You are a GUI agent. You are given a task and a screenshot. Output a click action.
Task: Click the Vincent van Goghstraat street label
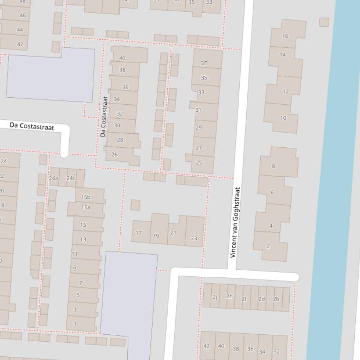pyautogui.click(x=235, y=223)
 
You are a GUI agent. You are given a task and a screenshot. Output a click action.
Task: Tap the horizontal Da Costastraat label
pyautogui.click(x=32, y=127)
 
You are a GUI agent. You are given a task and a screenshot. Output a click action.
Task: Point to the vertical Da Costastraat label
pyautogui.click(x=103, y=116)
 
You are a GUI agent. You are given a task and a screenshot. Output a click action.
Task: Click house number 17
pyautogui.click(x=139, y=232)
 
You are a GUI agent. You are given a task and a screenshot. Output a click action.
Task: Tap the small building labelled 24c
pyautogui.click(x=71, y=178)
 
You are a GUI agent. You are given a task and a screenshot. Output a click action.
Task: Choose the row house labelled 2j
pyautogui.click(x=215, y=297)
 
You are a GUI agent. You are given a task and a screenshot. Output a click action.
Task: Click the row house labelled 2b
pyautogui.click(x=276, y=299)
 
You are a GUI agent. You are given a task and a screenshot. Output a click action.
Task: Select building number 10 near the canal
pyautogui.click(x=282, y=118)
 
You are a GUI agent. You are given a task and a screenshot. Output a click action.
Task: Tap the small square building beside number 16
pyautogui.click(x=324, y=22)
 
